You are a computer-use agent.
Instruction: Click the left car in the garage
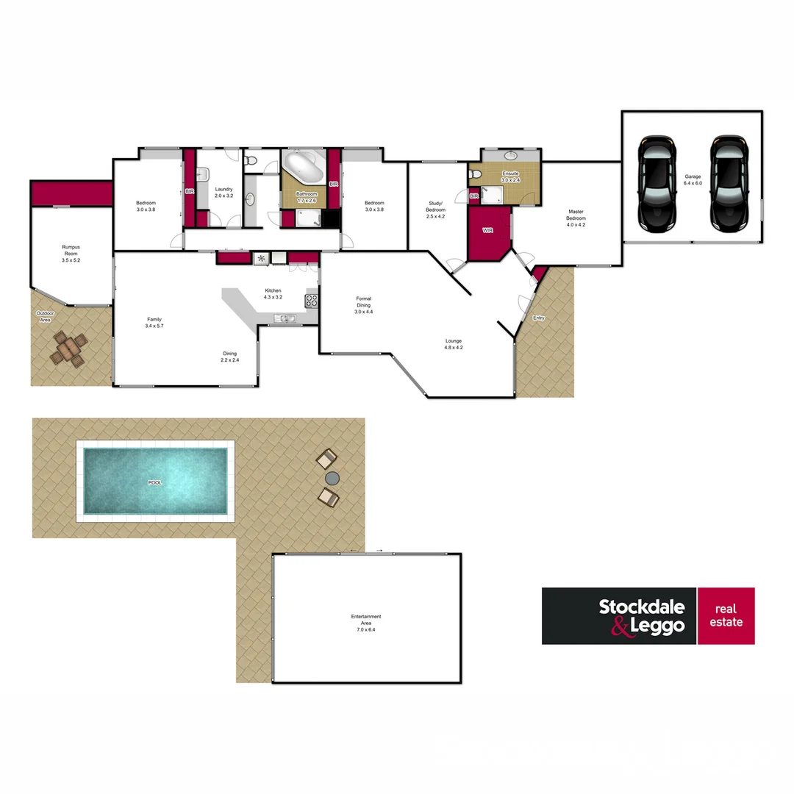(656, 181)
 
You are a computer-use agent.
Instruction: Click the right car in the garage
(729, 181)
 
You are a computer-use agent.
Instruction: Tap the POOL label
(154, 482)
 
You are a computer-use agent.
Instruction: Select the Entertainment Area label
(366, 620)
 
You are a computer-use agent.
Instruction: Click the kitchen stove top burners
(311, 300)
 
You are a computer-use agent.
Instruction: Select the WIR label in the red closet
(487, 230)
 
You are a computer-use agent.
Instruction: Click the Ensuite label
(510, 174)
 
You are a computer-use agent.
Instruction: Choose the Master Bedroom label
(576, 215)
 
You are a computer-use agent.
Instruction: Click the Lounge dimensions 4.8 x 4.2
(454, 348)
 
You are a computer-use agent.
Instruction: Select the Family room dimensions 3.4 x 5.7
(154, 326)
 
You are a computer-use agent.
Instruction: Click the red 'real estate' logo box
(726, 616)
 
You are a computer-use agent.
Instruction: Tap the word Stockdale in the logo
(641, 607)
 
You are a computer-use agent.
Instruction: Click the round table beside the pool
(332, 478)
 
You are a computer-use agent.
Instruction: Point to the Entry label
(539, 318)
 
